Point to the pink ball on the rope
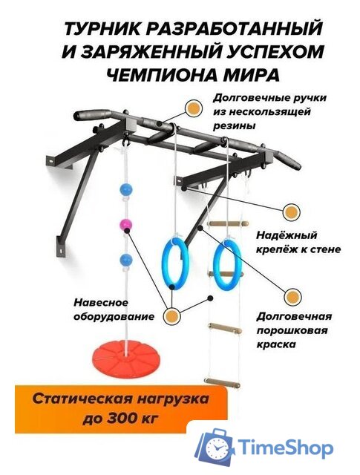click(125, 224)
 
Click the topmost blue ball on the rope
click(125, 189)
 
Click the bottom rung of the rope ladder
click(227, 385)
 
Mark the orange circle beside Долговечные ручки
click(195, 108)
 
